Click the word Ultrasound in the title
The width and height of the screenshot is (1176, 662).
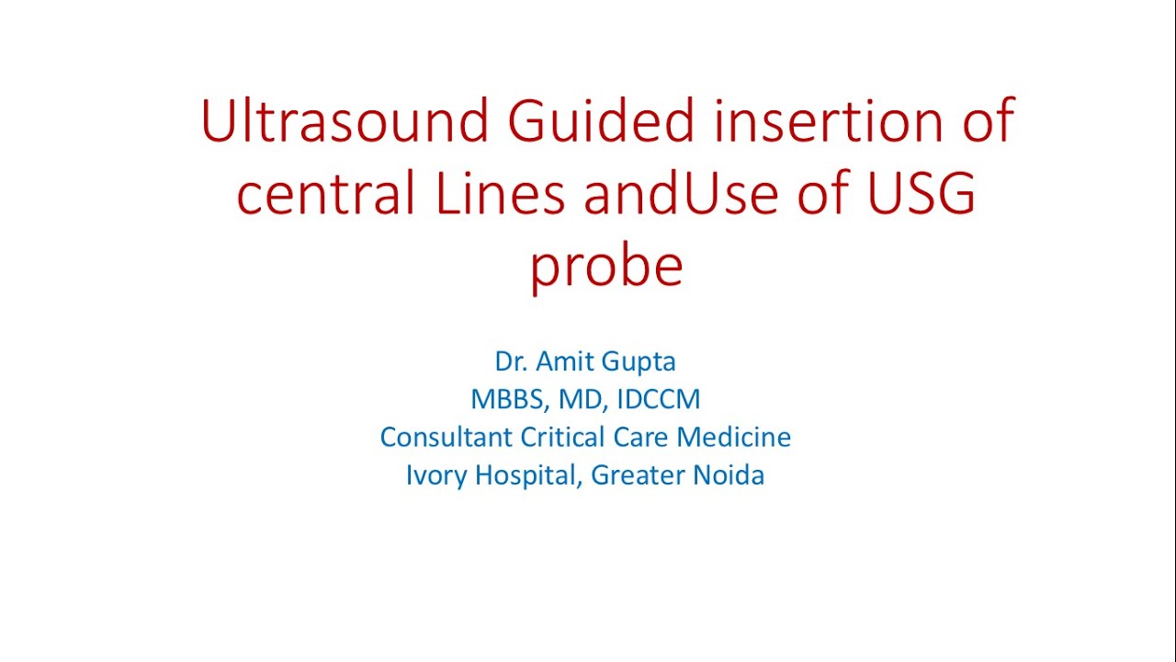click(344, 120)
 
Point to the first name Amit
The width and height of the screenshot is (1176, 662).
click(561, 361)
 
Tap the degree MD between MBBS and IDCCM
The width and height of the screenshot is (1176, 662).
click(580, 400)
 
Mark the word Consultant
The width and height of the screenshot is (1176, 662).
click(447, 437)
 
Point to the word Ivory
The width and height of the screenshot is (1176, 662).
click(435, 475)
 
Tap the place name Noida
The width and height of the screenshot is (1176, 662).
click(730, 475)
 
